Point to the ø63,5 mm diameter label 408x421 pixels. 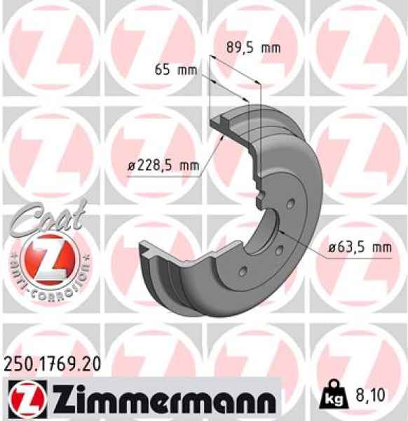(x=360, y=247)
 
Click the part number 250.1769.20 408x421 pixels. (x=53, y=363)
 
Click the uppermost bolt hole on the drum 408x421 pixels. (x=291, y=204)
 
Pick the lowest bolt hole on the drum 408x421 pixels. (x=243, y=272)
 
